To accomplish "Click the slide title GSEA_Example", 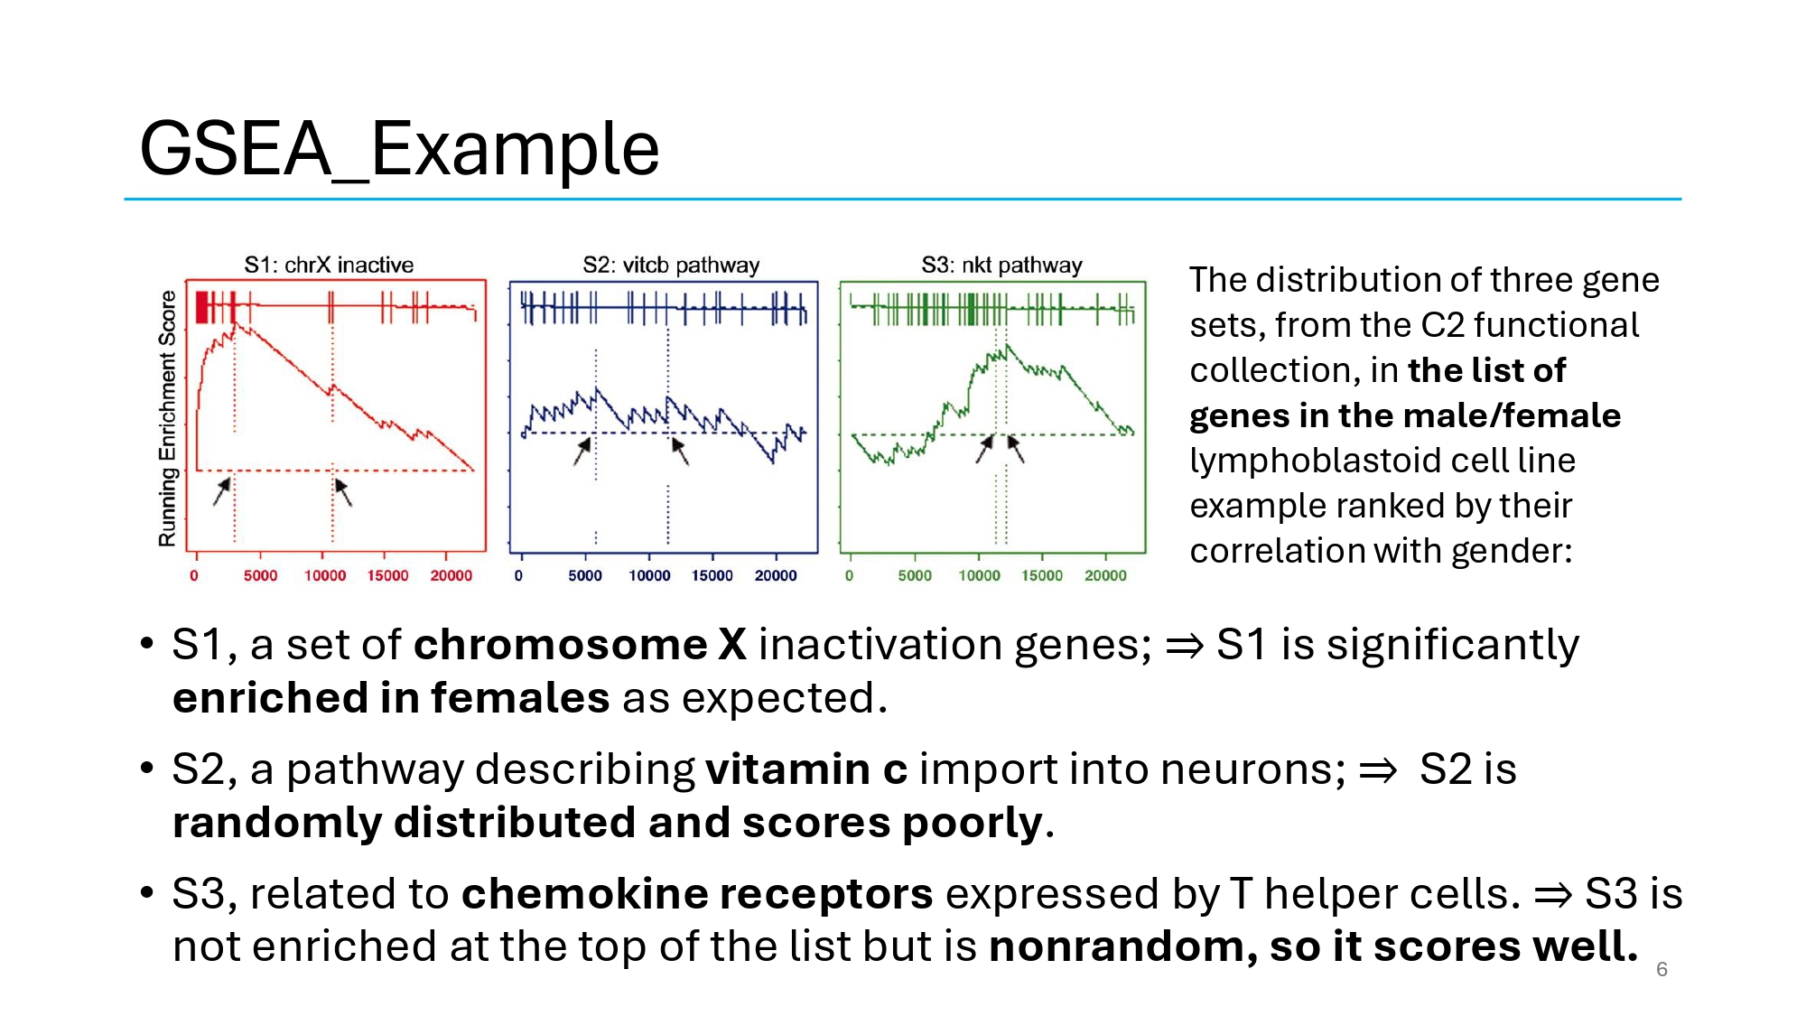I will click(x=399, y=149).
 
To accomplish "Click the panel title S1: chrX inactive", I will click(x=329, y=265).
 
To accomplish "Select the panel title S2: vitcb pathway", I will click(x=671, y=265).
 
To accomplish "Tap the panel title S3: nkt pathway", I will click(x=1001, y=265).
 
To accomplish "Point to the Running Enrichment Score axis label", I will click(x=167, y=418).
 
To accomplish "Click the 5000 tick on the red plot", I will click(x=260, y=575).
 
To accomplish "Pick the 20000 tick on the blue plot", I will click(x=776, y=575).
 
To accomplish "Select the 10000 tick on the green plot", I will click(x=979, y=575).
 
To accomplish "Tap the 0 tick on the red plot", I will click(x=194, y=575).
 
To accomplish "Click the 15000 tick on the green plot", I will click(x=1042, y=575).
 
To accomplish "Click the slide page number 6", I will click(x=1662, y=969).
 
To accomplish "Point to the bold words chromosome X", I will click(x=580, y=645).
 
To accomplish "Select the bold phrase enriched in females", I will click(x=391, y=698).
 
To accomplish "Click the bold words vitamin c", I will click(x=806, y=769).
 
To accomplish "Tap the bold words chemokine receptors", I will click(x=697, y=894).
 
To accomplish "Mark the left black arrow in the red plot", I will click(x=222, y=490).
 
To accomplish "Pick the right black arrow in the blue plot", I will click(x=680, y=450).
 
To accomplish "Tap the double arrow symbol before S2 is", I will click(x=1378, y=770).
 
